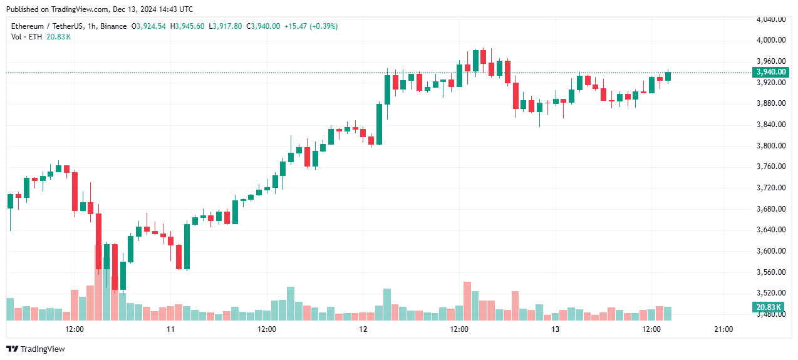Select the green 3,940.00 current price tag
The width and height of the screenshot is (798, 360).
pos(769,72)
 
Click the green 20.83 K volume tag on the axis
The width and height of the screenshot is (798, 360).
pos(768,307)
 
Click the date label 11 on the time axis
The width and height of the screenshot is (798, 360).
pos(170,329)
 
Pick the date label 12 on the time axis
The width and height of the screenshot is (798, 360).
pos(363,329)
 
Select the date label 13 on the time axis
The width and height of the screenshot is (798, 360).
pos(555,329)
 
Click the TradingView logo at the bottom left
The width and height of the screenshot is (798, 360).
pos(36,349)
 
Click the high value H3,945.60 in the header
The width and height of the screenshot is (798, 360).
pos(187,26)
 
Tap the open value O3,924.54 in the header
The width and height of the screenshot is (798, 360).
pos(148,26)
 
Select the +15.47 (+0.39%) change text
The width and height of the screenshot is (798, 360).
pos(311,26)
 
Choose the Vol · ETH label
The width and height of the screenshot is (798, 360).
pos(27,37)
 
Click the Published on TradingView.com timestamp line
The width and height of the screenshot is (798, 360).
pos(100,9)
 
